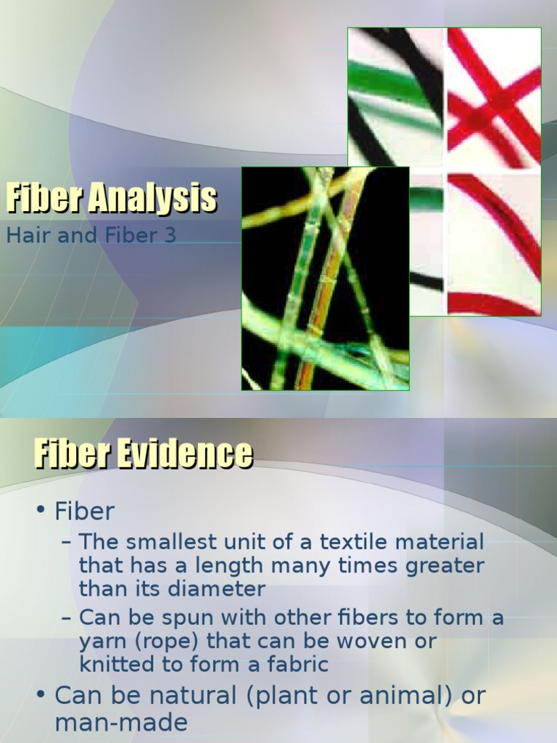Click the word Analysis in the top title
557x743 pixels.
[x=152, y=199]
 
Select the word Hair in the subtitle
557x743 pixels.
[x=25, y=236]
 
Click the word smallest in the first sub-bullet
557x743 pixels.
[x=166, y=541]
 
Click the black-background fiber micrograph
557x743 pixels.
[x=325, y=279]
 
